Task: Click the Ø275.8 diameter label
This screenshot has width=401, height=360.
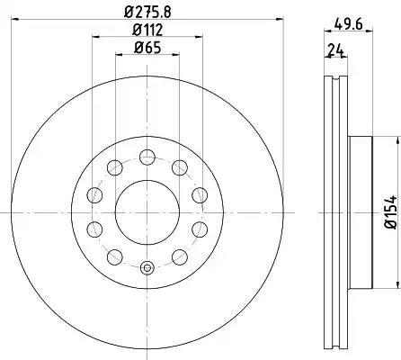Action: (x=147, y=12)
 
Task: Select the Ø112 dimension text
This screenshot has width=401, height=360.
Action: (x=147, y=30)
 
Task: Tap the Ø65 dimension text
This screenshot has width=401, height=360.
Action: (x=147, y=48)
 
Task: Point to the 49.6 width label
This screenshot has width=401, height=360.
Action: (x=349, y=23)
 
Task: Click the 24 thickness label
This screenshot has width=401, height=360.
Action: (x=335, y=50)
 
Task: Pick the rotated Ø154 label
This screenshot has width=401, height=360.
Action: (x=391, y=212)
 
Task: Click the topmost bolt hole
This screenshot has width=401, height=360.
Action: (x=147, y=157)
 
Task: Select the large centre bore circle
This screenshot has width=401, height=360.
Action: (x=115, y=212)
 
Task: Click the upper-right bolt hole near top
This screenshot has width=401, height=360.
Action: (x=180, y=167)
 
